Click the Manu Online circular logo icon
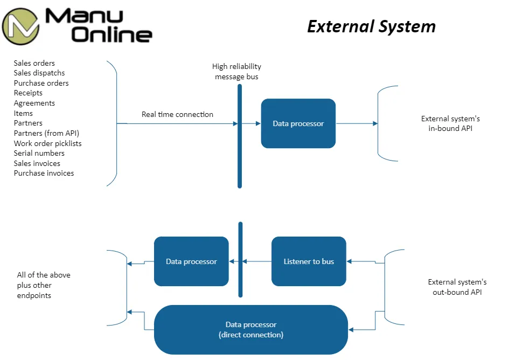(20, 26)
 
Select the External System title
(371, 26)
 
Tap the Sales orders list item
(34, 63)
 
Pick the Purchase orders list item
(41, 83)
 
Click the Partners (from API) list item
(46, 133)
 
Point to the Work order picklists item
(47, 143)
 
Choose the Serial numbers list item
(39, 153)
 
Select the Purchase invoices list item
(44, 173)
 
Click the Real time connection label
(177, 114)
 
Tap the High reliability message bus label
(236, 72)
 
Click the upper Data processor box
(298, 123)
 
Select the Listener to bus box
(309, 261)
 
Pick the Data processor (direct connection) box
(251, 329)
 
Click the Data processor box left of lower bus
(191, 261)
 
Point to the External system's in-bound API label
(450, 123)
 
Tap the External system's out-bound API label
(457, 287)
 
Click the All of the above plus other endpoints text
(44, 285)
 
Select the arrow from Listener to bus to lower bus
(257, 261)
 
